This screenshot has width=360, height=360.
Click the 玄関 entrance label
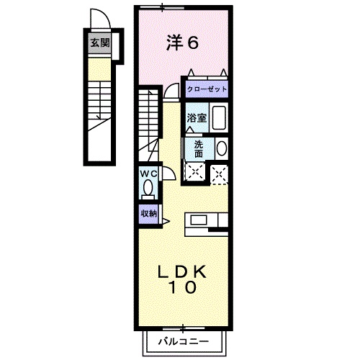[99, 42]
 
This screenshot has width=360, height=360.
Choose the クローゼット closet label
[207, 89]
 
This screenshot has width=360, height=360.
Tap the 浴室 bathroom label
[197, 117]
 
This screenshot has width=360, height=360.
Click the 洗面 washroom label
[198, 148]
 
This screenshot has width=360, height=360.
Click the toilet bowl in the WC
[148, 189]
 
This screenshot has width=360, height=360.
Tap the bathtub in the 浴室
[220, 117]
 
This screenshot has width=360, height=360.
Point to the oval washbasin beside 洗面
[222, 148]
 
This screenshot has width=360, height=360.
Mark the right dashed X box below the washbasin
[220, 173]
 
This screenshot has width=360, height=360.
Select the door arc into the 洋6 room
[171, 90]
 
